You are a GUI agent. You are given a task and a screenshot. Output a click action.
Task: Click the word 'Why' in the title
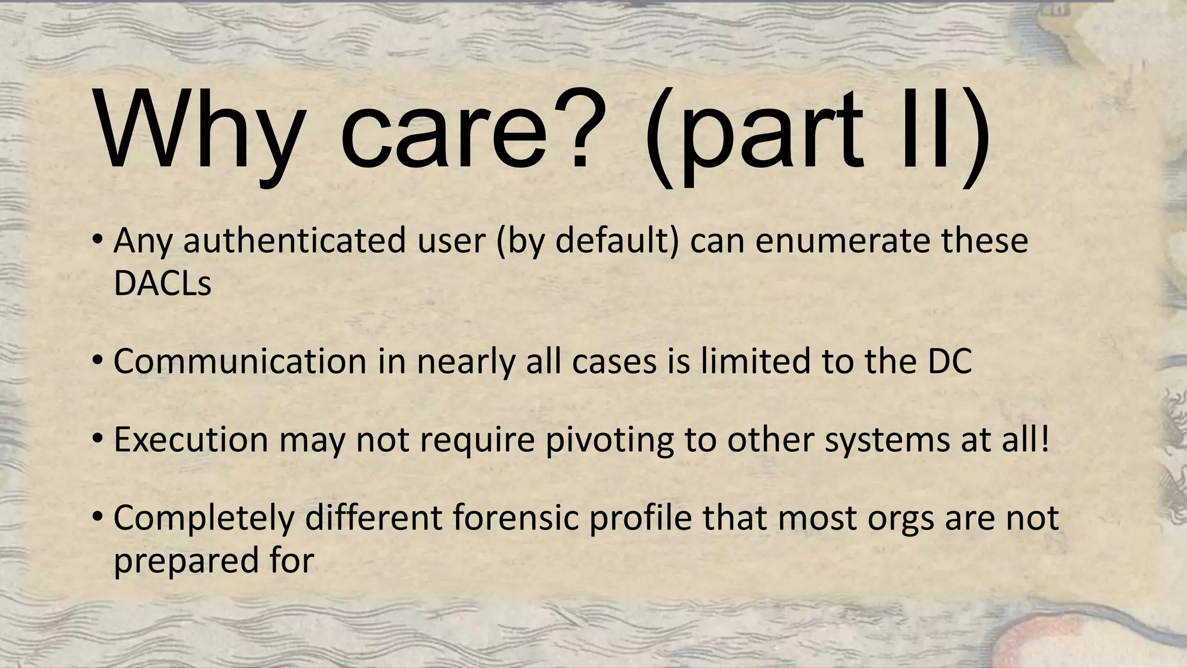point(197,135)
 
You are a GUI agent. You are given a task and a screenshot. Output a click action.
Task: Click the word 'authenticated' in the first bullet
point(294,241)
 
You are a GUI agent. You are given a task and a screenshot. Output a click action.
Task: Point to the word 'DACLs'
point(162,284)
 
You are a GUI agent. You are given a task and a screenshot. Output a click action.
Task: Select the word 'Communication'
point(240,361)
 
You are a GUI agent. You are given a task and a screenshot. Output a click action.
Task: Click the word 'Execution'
point(191,440)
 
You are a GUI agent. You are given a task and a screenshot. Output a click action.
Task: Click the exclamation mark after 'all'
point(1044,439)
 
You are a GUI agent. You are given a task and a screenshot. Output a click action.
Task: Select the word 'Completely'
point(203,518)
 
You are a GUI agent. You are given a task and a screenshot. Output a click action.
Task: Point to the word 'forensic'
point(516,517)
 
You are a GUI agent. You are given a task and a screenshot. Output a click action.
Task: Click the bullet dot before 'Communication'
point(97,361)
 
